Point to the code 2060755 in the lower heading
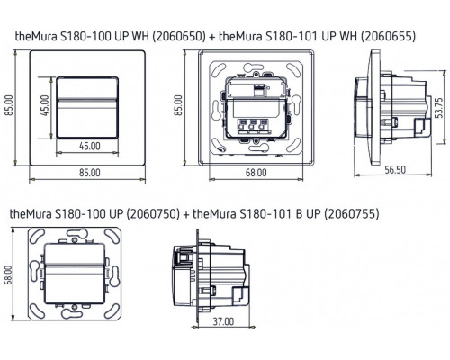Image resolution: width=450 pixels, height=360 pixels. click(346, 216)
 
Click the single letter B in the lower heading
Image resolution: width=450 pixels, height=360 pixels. click(297, 216)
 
